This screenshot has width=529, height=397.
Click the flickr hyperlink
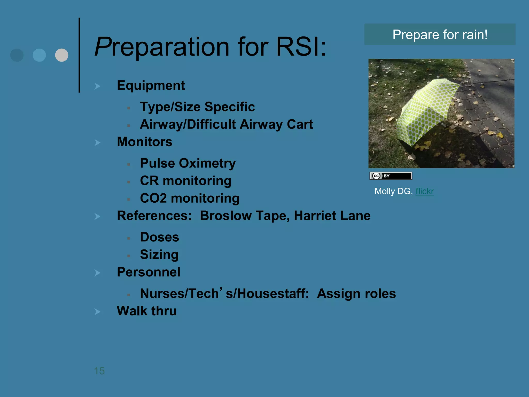click(424, 191)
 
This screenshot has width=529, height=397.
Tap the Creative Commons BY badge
click(391, 176)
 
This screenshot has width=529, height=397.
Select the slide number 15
click(99, 371)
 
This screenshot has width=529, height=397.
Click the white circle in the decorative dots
click(62, 55)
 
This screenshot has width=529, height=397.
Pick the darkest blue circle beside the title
click(17, 55)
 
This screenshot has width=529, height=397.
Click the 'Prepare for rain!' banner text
click(440, 35)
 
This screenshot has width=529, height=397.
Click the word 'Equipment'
click(151, 86)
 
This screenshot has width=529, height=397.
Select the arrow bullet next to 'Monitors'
click(97, 142)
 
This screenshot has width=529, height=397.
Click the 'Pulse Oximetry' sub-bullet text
click(188, 163)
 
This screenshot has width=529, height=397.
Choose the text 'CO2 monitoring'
click(190, 198)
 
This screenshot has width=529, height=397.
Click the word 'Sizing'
click(159, 255)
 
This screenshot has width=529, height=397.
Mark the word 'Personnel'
click(149, 272)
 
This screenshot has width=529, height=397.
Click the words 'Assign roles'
click(356, 294)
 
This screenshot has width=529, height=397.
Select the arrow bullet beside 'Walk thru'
click(97, 312)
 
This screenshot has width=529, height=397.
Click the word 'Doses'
click(159, 237)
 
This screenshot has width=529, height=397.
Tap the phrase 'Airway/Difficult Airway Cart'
click(226, 124)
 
